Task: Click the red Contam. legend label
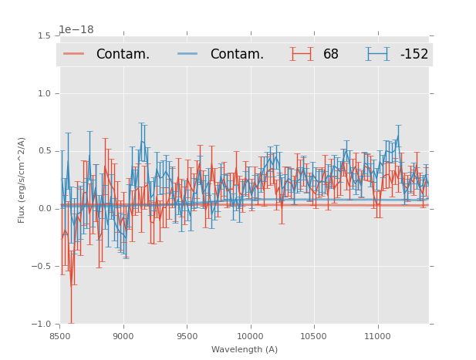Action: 123,54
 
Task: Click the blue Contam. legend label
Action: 237,54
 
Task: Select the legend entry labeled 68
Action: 331,54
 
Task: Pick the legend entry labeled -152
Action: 414,54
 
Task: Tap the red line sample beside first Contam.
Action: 74,54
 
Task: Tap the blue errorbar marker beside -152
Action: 377,54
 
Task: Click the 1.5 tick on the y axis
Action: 44,35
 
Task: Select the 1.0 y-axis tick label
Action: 44,93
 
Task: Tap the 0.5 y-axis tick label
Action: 44,151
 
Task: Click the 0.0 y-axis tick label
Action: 44,209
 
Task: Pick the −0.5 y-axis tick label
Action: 42,267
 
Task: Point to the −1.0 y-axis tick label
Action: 42,325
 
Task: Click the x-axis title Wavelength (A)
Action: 245,349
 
